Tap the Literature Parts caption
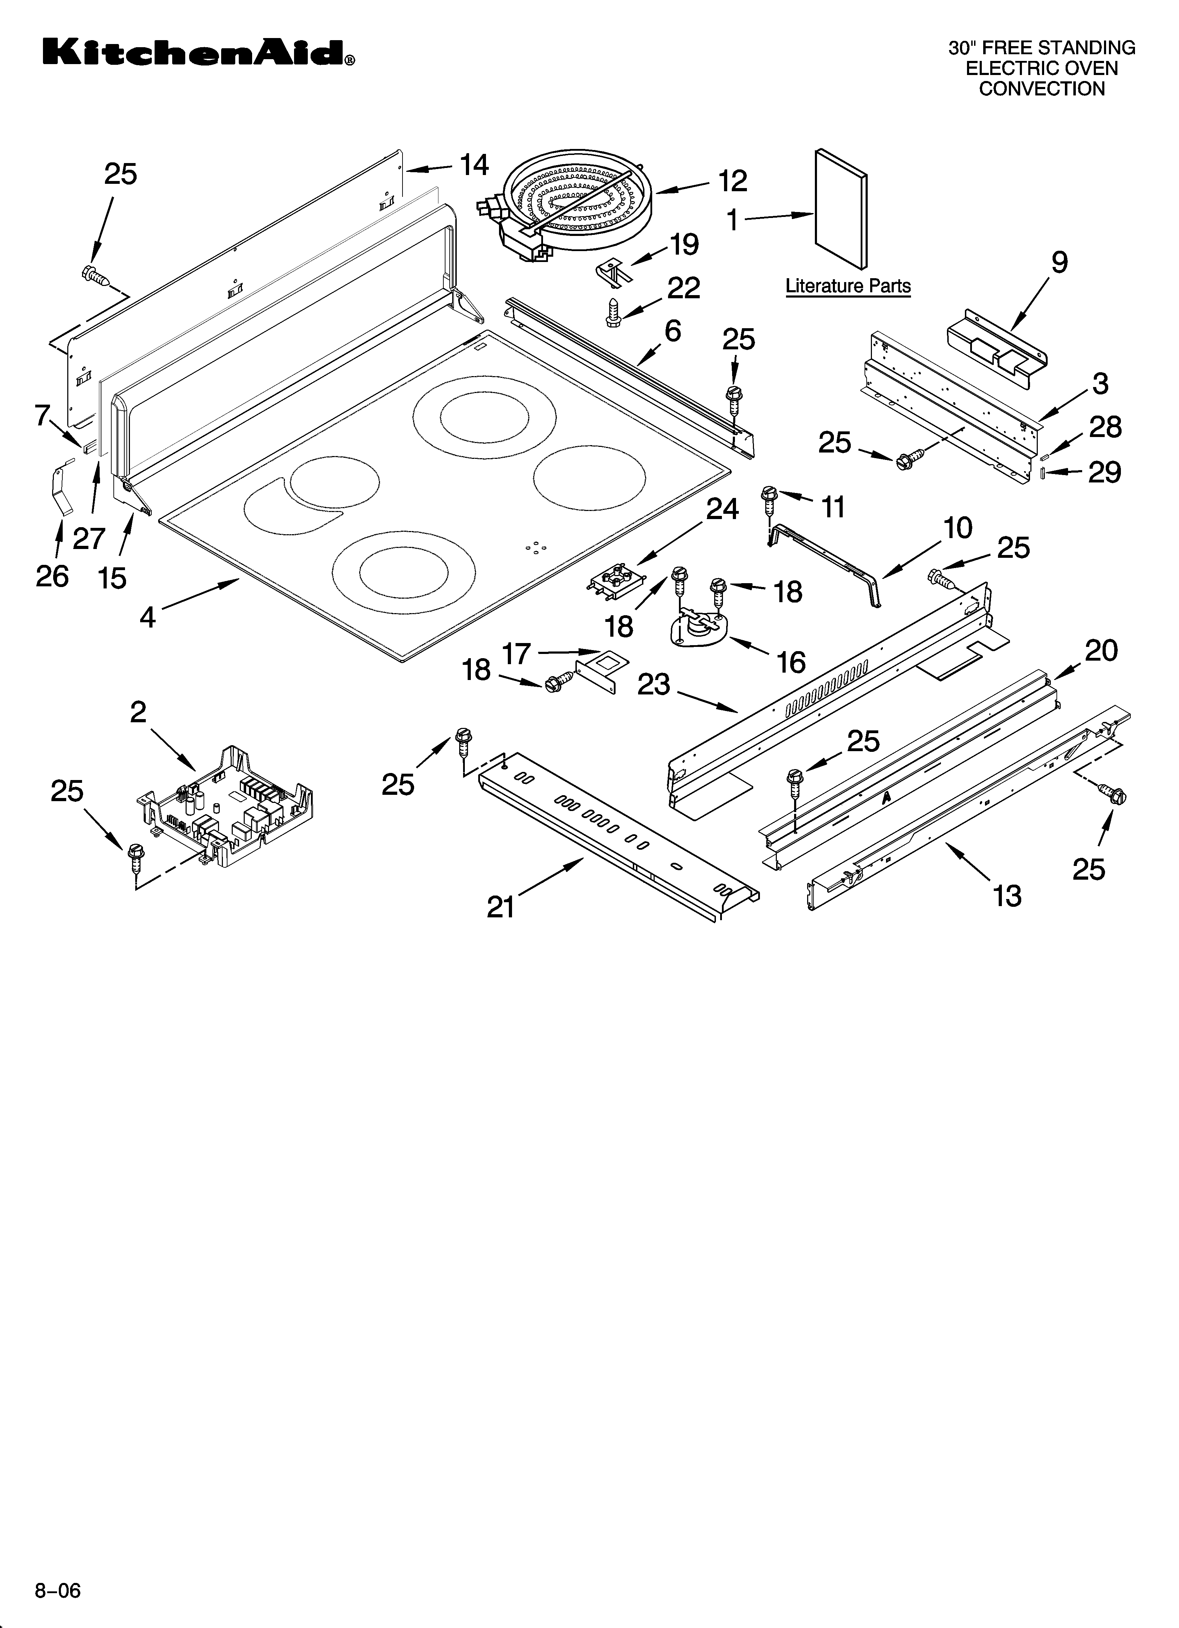pos(848,286)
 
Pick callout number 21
pos(501,907)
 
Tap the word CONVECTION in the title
pos(1042,89)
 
